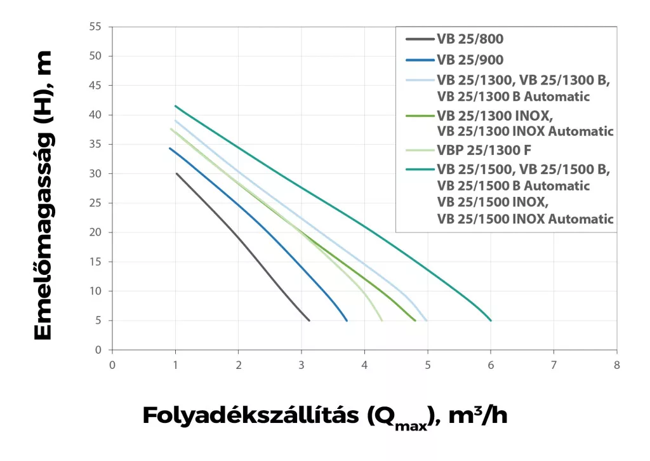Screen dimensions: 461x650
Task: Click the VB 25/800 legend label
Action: point(470,39)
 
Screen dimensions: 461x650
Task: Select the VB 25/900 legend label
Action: point(470,60)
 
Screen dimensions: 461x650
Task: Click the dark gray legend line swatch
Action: point(419,39)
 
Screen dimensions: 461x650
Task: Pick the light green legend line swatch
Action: point(419,151)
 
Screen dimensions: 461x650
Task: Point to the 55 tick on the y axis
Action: point(96,27)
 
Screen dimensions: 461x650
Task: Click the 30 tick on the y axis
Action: point(96,173)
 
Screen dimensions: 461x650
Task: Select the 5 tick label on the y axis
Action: point(98,321)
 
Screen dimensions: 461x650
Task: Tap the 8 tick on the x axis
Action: point(616,365)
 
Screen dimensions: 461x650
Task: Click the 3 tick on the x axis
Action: point(302,365)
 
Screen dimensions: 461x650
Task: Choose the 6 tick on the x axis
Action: point(491,365)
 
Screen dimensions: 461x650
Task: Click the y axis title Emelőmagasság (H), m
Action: point(43,196)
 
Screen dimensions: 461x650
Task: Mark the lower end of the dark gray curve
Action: point(309,321)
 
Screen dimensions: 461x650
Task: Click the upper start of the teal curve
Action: point(175,105)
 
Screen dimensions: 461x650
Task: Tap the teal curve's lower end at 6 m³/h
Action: point(491,321)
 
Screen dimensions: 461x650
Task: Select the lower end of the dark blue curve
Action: point(347,321)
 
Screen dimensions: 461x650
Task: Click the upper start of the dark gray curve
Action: point(176,173)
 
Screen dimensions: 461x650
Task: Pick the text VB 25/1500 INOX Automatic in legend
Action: point(525,219)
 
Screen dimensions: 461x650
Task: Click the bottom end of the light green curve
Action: point(381,321)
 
